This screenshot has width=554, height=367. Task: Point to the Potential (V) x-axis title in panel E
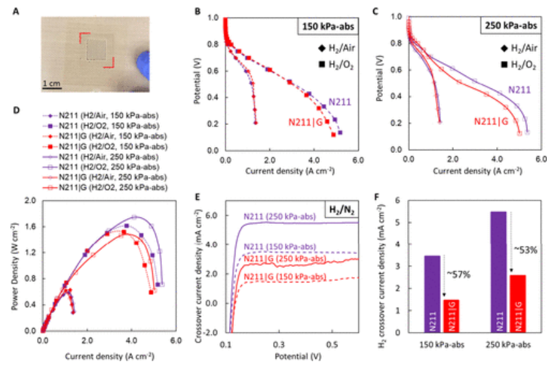(x=292, y=357)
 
